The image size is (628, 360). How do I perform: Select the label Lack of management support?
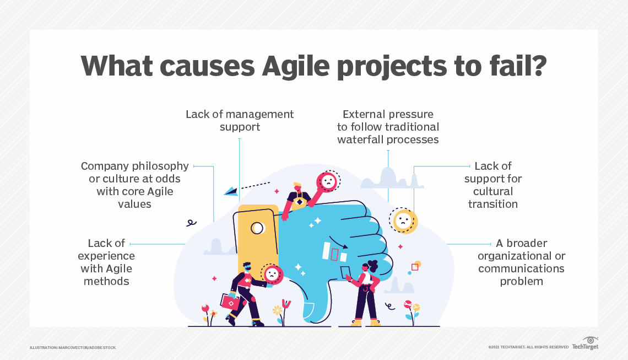click(x=240, y=120)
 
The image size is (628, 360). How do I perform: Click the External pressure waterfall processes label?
click(x=388, y=127)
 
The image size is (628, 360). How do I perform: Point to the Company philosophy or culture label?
click(x=134, y=185)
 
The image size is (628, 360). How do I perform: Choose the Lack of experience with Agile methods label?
click(x=106, y=262)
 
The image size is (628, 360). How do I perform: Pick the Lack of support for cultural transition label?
click(x=492, y=185)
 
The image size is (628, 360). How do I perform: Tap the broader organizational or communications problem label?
click(x=521, y=262)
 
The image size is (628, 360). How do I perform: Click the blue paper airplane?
click(x=231, y=191)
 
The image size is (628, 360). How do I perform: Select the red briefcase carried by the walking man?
click(x=230, y=302)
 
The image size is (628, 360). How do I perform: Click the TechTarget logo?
click(x=585, y=343)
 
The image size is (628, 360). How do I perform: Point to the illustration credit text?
click(x=73, y=347)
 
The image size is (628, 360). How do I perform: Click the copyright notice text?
click(x=528, y=347)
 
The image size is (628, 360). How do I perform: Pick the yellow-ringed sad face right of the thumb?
click(x=403, y=221)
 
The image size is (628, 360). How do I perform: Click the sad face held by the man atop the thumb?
click(x=328, y=181)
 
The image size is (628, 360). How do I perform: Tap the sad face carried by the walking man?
click(x=272, y=275)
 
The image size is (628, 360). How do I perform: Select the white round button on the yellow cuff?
click(x=257, y=228)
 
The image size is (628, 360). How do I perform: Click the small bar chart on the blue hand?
click(x=334, y=252)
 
